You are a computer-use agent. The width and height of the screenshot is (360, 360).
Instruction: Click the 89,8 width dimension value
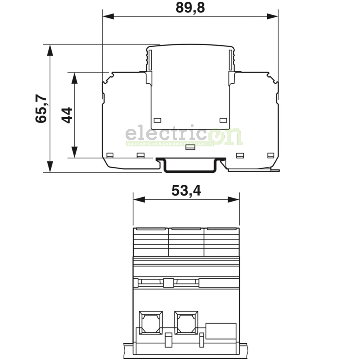(190, 7)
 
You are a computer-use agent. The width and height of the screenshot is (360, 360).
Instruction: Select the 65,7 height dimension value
(41, 109)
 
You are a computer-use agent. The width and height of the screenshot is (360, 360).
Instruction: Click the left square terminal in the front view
(150, 322)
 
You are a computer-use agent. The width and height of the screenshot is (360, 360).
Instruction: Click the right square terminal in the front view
(186, 322)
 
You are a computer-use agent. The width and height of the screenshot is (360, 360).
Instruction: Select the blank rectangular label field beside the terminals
(221, 330)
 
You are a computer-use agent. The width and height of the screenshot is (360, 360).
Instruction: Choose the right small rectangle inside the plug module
(224, 120)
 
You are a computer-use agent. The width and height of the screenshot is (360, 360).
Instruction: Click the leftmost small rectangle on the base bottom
(110, 155)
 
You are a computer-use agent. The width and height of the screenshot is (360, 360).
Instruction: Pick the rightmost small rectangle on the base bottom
(271, 155)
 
